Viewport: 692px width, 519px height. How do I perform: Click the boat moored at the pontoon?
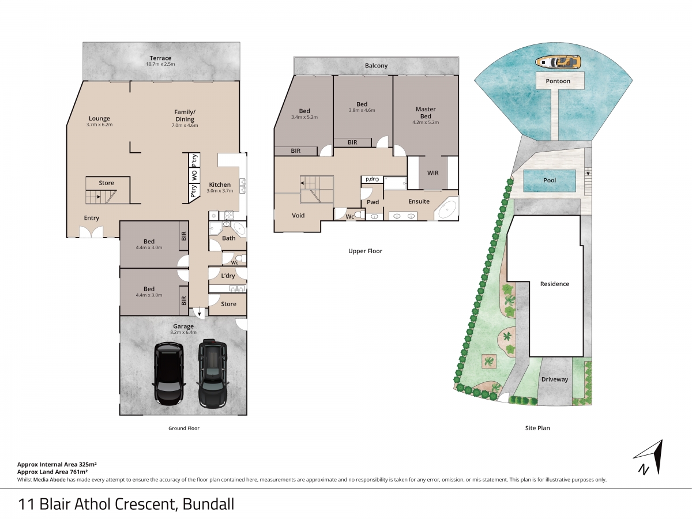(558, 61)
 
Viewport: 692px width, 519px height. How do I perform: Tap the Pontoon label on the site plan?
(558, 81)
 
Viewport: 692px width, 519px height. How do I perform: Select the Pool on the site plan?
(550, 180)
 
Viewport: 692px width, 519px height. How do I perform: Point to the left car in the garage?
(168, 374)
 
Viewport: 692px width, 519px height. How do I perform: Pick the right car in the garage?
(212, 373)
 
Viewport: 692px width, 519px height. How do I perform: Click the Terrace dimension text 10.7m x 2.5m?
(160, 64)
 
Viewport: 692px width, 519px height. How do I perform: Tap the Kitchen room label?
(220, 185)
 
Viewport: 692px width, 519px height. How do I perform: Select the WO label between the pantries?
(194, 175)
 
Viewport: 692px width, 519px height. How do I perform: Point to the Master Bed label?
(426, 112)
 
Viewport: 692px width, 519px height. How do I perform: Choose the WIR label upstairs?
(433, 172)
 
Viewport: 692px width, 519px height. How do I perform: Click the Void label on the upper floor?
(298, 216)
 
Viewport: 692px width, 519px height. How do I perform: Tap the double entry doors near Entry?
(91, 232)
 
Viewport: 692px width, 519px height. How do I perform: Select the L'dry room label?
(228, 276)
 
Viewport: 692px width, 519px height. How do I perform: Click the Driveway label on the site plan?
(555, 379)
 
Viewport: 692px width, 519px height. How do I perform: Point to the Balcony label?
(376, 66)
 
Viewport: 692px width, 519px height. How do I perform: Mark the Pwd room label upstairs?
(373, 202)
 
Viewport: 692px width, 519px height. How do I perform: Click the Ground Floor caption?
(184, 428)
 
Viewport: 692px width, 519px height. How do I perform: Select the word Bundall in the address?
(208, 504)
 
